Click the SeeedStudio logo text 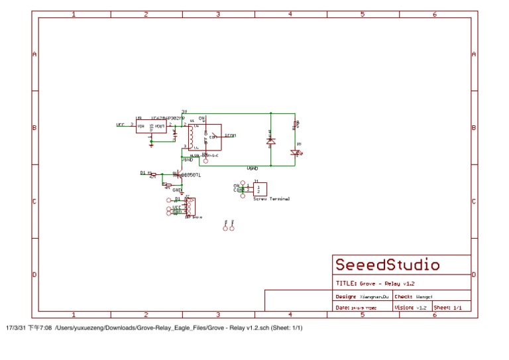pos(387,265)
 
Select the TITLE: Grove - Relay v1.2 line pos(375,283)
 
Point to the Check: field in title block pos(414,296)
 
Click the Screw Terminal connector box pos(260,189)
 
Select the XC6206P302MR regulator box pos(151,125)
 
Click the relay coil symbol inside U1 pos(191,137)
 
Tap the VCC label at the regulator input pos(121,125)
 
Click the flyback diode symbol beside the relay pos(270,141)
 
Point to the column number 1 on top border pos(73,14)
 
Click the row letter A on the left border pos(34,54)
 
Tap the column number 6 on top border pos(435,14)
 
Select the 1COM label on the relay pos(230,135)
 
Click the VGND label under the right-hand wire pos(253,168)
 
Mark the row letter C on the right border pos(474,202)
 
